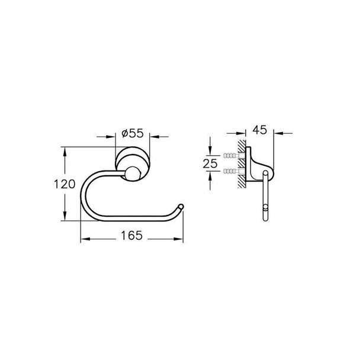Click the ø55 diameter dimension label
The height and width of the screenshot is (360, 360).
point(133,133)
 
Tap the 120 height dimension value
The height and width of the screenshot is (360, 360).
point(65,184)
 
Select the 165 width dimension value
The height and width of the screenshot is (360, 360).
point(132,236)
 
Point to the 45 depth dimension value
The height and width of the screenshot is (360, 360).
point(260,130)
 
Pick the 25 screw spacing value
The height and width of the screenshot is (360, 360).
point(210,163)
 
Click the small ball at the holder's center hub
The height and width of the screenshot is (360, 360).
point(133,174)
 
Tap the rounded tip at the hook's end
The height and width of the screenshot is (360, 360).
point(181,206)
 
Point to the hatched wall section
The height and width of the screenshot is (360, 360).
point(242,164)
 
